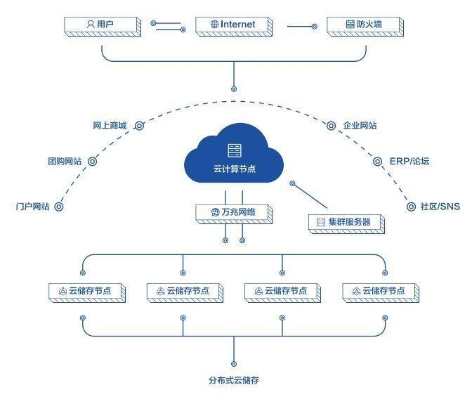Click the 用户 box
click(101, 25)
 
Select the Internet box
click(233, 25)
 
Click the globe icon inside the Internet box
click(214, 25)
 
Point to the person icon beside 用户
click(90, 25)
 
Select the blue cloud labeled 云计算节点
click(234, 155)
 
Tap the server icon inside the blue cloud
click(234, 149)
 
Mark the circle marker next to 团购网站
click(92, 162)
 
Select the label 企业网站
click(360, 126)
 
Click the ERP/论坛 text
click(409, 162)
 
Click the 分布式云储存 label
click(234, 381)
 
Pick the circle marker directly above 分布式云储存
click(234, 364)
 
